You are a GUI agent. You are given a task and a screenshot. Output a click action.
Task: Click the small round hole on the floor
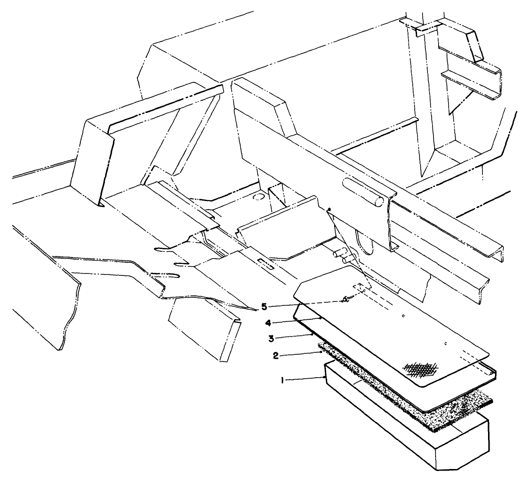pos(258,197)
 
